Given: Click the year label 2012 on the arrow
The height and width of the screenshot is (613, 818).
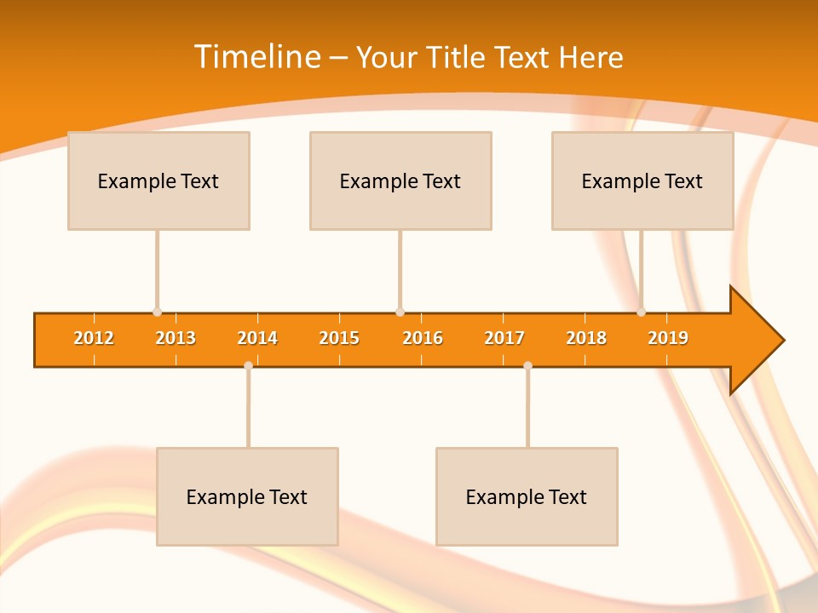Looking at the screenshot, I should [x=94, y=338].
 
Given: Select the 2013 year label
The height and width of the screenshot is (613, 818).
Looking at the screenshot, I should [x=176, y=338].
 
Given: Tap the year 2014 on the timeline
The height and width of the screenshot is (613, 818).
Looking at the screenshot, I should [x=257, y=338].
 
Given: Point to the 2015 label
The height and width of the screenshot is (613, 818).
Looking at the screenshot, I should [x=339, y=338].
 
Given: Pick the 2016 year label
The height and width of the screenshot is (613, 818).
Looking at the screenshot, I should [x=423, y=338].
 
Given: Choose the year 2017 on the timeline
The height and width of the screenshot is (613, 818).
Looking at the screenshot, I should [x=504, y=338].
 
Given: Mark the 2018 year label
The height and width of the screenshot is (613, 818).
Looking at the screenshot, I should [x=586, y=338].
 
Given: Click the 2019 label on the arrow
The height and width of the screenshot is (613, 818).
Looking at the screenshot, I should [x=668, y=338].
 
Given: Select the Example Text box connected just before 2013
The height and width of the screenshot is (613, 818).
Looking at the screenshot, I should [x=158, y=180].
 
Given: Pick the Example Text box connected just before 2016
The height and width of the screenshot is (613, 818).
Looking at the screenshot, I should [x=400, y=180].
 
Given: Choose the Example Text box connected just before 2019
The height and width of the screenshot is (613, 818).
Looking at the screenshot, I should [x=642, y=180].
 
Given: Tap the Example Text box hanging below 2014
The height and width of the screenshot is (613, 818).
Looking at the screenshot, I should [x=247, y=496].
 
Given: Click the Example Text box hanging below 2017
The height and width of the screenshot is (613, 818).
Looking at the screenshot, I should [x=527, y=496].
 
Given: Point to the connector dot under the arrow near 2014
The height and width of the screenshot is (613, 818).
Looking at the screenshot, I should [x=248, y=365].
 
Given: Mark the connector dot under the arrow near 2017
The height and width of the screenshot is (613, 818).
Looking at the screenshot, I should [x=527, y=365].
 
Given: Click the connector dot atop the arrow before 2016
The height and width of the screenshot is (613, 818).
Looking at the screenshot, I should [x=400, y=312].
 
